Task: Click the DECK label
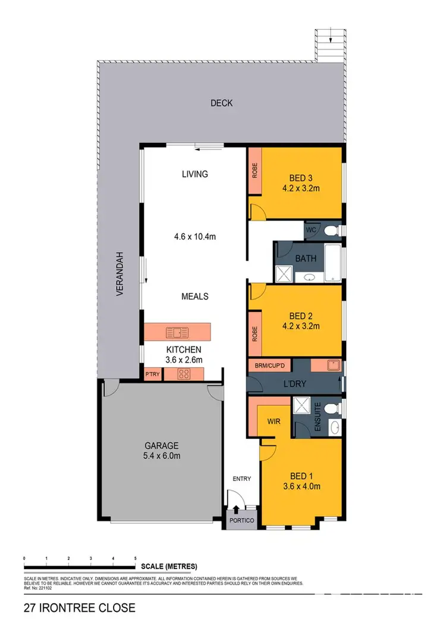point(221,104)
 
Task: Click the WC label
point(310,230)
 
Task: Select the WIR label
point(274,421)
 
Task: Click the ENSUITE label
point(318,415)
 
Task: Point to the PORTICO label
point(242,521)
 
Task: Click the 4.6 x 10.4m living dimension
point(195,237)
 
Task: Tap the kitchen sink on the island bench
point(177,332)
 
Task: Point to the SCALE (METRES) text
point(169,566)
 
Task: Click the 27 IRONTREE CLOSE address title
point(79,608)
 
